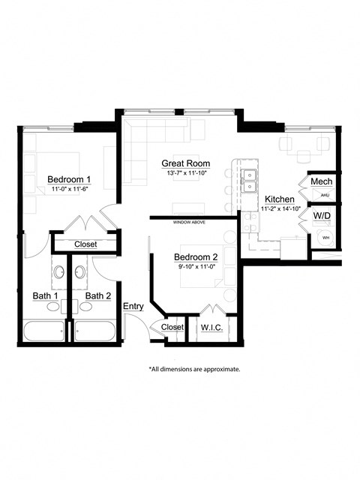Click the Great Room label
click(x=186, y=163)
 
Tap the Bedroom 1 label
click(x=69, y=179)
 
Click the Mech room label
click(x=321, y=182)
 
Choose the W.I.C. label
click(x=208, y=327)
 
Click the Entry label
click(x=133, y=306)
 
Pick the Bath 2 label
click(x=97, y=295)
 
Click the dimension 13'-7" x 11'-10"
click(x=186, y=173)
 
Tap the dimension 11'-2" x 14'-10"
click(x=280, y=208)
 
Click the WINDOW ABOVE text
click(x=189, y=223)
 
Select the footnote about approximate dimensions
click(x=194, y=369)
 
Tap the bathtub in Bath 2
click(x=94, y=330)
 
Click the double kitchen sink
click(x=248, y=181)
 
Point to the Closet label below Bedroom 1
click(x=89, y=244)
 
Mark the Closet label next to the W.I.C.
click(x=172, y=327)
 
